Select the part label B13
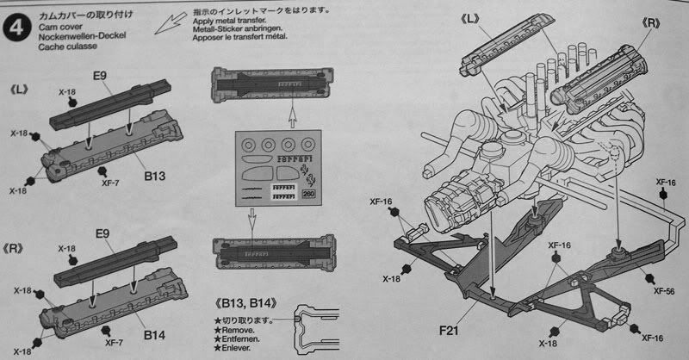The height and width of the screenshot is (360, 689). [x=155, y=177]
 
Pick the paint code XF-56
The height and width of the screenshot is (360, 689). [x=664, y=290]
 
